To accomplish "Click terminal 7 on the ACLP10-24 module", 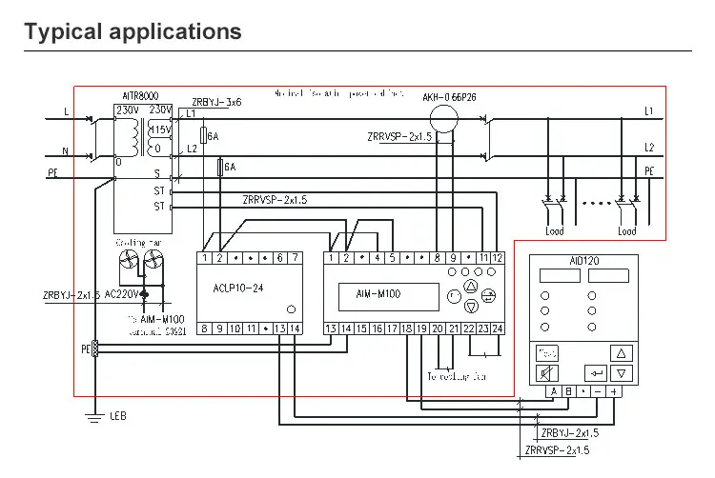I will pyautogui.click(x=295, y=258).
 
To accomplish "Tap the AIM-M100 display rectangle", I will pyautogui.click(x=378, y=295).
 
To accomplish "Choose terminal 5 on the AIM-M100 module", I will pyautogui.click(x=392, y=258).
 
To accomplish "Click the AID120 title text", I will pyautogui.click(x=583, y=260).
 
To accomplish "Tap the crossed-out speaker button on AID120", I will pyautogui.click(x=548, y=372).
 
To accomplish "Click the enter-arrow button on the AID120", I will pyautogui.click(x=597, y=372).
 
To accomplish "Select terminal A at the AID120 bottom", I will pyautogui.click(x=553, y=391).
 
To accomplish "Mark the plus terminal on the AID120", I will pyautogui.click(x=614, y=391).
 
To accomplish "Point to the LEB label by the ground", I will pyautogui.click(x=118, y=416).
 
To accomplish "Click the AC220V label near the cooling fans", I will pyautogui.click(x=121, y=292).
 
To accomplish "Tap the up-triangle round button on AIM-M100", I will pyautogui.click(x=470, y=285).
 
